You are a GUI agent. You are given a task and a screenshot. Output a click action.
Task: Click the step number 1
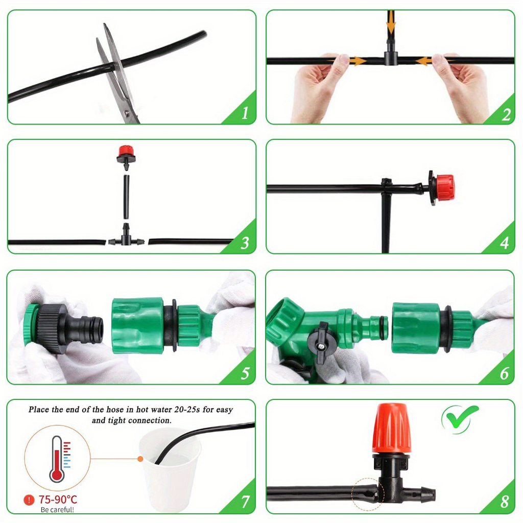point(245,113)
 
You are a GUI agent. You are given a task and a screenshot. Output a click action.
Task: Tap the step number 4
point(504,243)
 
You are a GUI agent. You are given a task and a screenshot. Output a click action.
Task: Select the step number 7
point(245,502)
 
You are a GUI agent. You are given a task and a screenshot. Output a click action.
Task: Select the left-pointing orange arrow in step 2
point(423,61)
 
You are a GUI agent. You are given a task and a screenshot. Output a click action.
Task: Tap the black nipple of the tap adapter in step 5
point(87,327)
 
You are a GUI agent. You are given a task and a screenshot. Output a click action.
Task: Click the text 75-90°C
point(58,500)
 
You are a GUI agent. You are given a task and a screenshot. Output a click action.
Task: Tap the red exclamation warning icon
point(29,500)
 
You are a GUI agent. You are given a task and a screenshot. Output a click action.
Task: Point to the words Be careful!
point(57,510)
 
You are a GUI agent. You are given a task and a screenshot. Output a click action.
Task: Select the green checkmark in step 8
point(461,417)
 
